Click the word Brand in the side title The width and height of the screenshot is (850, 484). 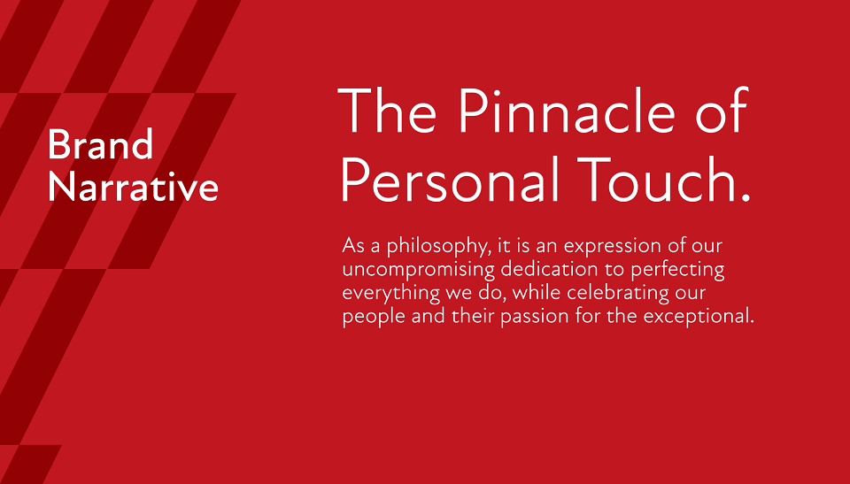[x=101, y=144]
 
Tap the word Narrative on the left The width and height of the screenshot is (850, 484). [x=134, y=187]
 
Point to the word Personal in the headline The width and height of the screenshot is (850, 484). [x=450, y=179]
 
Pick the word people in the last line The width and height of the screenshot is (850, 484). [x=374, y=317]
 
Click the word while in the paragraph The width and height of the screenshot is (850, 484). [x=537, y=292]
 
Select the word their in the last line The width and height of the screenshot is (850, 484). [x=473, y=315]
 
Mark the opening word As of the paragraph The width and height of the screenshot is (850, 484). [x=353, y=245]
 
